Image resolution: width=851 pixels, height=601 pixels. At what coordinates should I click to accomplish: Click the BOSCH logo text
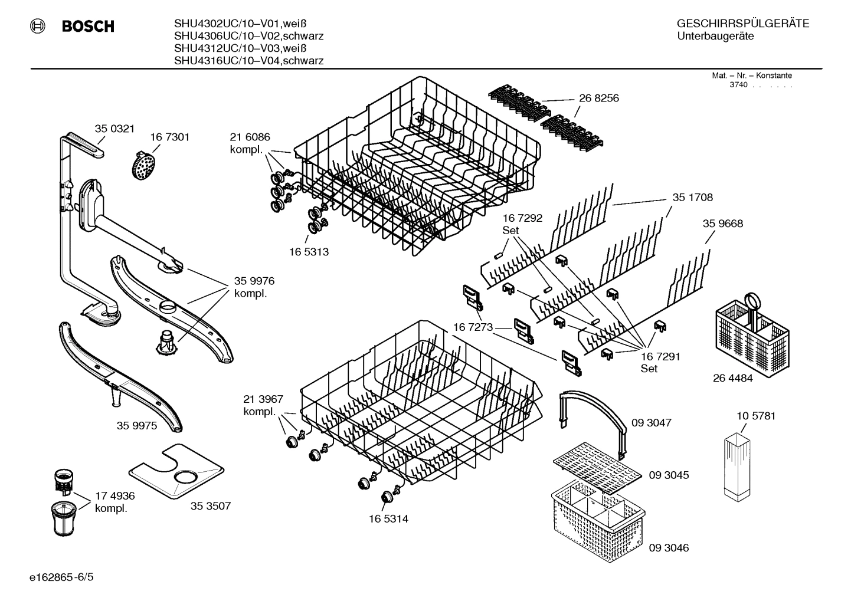(x=87, y=27)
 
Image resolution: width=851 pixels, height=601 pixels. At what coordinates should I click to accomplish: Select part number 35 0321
(x=114, y=129)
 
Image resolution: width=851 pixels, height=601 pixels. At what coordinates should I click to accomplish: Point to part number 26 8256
(x=598, y=98)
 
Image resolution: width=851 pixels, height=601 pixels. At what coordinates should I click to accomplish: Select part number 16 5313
(x=308, y=252)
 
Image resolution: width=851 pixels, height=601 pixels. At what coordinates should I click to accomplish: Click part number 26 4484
(x=732, y=379)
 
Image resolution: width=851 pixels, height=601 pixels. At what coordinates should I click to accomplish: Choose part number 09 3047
(x=651, y=423)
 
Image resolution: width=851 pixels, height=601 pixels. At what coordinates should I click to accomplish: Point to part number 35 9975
(x=137, y=425)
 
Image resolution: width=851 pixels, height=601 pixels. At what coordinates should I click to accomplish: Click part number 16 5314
(x=388, y=519)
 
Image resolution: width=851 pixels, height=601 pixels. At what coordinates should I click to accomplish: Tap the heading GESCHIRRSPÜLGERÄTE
(x=742, y=24)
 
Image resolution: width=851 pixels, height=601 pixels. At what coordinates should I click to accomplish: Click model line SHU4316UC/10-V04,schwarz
(x=248, y=61)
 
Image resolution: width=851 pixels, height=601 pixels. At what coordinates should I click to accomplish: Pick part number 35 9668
(x=722, y=224)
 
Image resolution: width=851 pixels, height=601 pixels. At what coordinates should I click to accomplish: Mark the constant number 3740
(x=739, y=85)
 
